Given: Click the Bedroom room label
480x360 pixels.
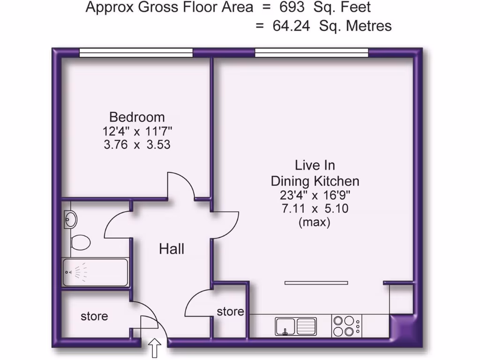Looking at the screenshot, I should tap(137, 117).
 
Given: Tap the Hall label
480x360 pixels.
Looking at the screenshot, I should tap(172, 249).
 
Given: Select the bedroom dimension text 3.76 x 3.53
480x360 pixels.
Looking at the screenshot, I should tap(137, 145).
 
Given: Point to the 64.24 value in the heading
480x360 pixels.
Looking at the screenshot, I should tap(291, 26).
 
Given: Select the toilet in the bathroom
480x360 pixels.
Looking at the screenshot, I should tap(80, 242).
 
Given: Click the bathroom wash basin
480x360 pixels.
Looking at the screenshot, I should tap(70, 218).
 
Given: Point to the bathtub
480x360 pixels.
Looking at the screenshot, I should tap(95, 272).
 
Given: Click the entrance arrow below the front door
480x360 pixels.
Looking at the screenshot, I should tap(155, 349).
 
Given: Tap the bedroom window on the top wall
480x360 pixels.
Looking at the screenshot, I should tap(136, 53).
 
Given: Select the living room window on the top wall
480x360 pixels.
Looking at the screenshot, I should tap(311, 53).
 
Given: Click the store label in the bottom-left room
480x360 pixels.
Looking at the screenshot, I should tap(94, 316).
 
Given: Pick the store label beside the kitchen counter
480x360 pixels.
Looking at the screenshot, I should tap(230, 312).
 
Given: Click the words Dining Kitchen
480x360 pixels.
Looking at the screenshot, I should tap(315, 181).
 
